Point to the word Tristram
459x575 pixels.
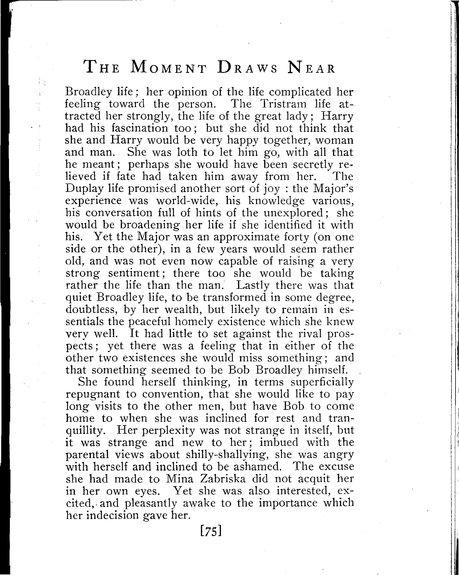284,104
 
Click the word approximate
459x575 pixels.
244,237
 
